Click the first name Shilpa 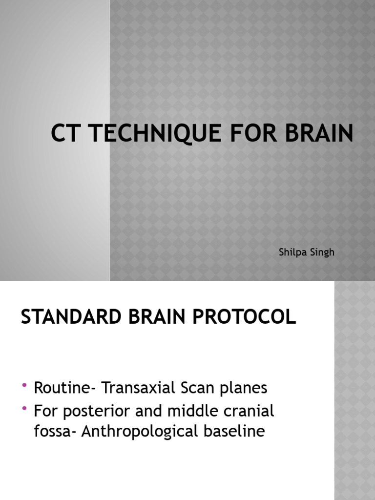point(292,252)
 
